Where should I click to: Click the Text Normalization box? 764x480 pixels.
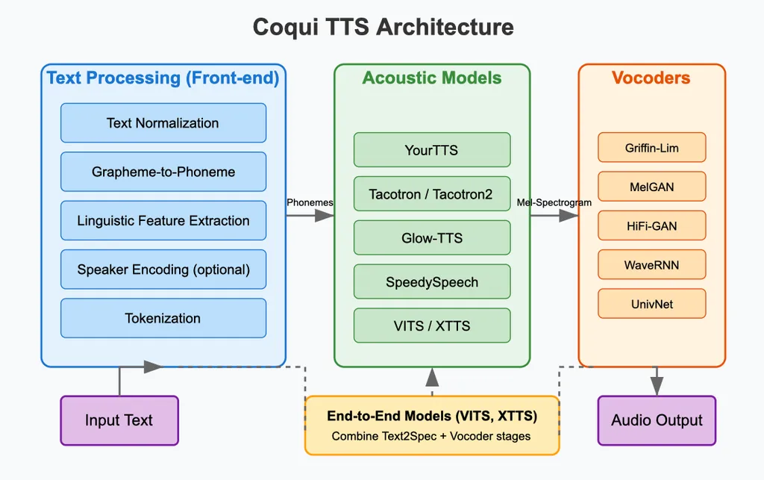(163, 123)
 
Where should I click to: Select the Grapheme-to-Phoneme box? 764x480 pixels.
(163, 172)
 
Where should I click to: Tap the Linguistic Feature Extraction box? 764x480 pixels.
(163, 221)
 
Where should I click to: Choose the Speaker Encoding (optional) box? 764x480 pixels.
(163, 269)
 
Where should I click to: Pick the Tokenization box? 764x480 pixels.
(163, 318)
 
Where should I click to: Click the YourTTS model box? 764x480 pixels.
(431, 150)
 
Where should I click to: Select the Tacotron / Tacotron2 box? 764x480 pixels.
(431, 194)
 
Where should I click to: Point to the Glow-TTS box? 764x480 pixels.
(431, 238)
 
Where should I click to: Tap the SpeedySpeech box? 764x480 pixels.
(431, 282)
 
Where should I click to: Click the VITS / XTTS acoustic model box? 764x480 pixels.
(431, 326)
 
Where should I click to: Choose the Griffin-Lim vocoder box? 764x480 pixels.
(651, 148)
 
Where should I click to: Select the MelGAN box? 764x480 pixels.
(651, 187)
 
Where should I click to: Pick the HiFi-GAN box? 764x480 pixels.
(651, 225)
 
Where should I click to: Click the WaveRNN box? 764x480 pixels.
(651, 264)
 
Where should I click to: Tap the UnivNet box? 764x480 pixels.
(651, 303)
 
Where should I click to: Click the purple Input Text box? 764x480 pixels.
(119, 420)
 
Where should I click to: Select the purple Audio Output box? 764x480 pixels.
(657, 420)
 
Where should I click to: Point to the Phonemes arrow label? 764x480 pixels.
(310, 202)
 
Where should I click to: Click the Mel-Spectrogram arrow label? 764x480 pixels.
(554, 202)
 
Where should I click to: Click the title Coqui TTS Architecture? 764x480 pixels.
(383, 28)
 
